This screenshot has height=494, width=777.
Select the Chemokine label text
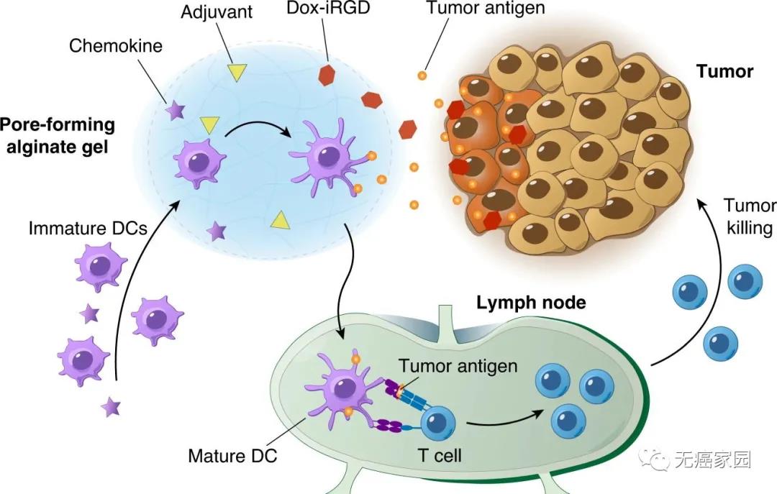tap(116, 46)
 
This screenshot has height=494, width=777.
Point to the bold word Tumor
tap(724, 71)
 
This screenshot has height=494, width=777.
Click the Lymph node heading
tap(531, 302)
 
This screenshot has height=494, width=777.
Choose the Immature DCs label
tap(88, 229)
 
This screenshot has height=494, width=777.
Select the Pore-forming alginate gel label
tap(58, 134)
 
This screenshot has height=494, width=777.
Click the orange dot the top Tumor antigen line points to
tap(422, 76)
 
